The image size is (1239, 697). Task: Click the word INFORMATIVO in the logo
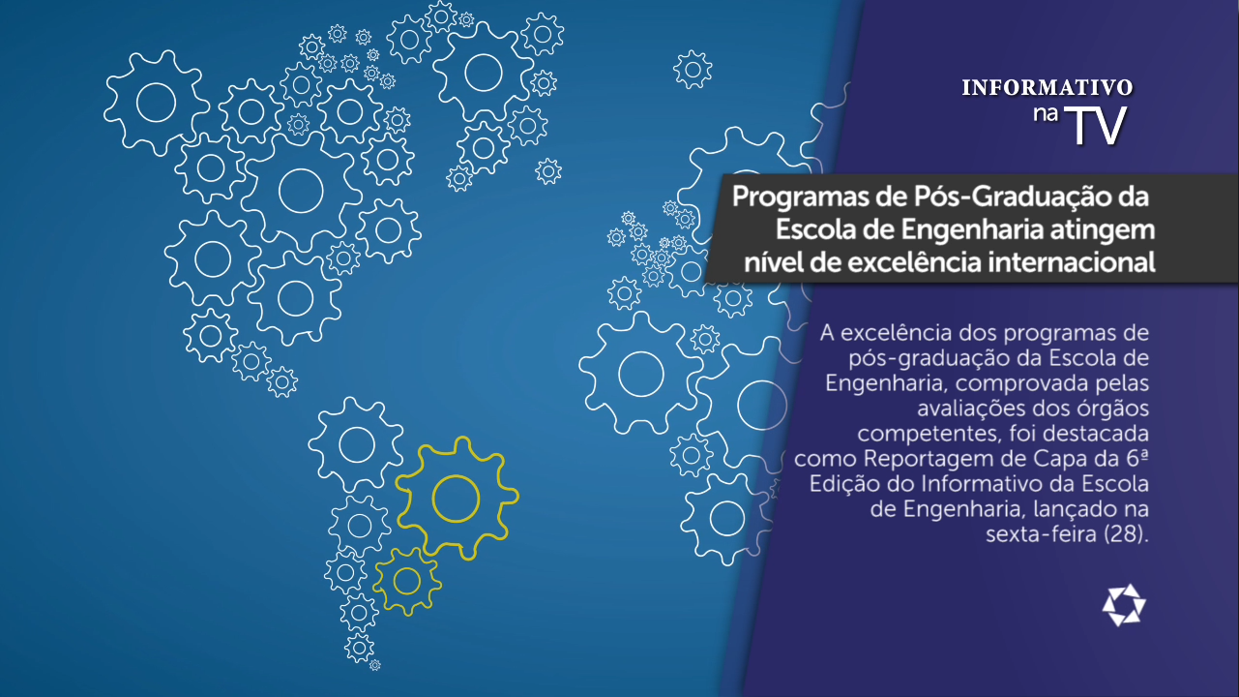(1047, 87)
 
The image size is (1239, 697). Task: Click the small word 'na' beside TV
(1046, 113)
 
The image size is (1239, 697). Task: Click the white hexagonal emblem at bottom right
(1124, 605)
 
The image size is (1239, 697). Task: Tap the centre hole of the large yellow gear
(456, 499)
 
